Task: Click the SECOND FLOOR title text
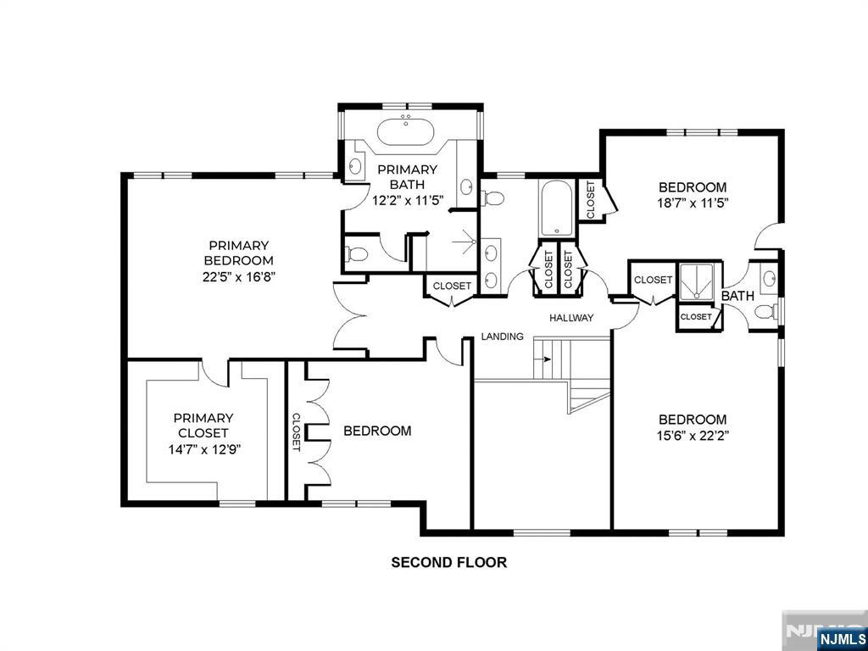(449, 563)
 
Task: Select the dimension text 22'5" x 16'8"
(238, 276)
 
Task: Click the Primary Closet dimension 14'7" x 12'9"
(203, 448)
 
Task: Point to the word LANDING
(502, 336)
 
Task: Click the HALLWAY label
(571, 318)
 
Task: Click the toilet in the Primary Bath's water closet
(357, 254)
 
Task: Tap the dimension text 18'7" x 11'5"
(692, 203)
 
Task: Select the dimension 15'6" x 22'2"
(692, 435)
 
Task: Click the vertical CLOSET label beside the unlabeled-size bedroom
(296, 431)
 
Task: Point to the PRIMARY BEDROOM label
(238, 253)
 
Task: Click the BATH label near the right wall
(737, 296)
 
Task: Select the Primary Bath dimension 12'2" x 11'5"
(408, 200)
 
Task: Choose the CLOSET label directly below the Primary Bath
(453, 287)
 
